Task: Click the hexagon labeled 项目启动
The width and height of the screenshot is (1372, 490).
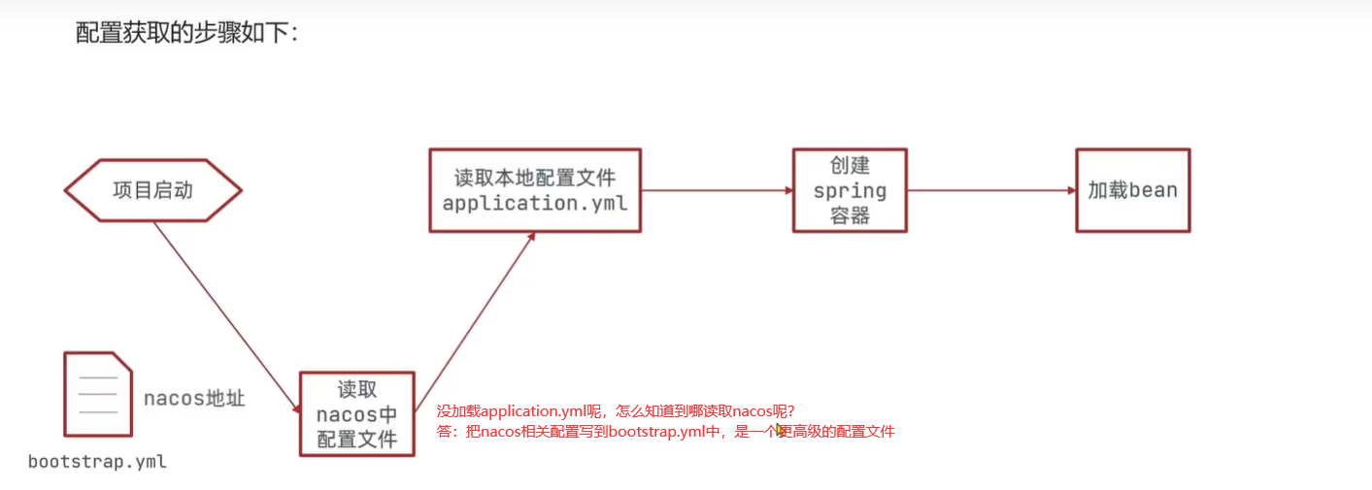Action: (152, 190)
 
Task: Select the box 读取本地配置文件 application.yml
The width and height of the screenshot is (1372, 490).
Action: (535, 190)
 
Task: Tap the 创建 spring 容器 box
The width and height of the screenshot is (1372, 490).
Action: (850, 190)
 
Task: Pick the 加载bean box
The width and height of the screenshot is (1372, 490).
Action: (1132, 190)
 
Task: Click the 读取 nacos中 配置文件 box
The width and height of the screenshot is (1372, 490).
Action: (356, 414)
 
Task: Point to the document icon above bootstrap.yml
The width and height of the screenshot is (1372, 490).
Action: (97, 394)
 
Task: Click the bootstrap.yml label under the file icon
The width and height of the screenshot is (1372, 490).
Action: (97, 462)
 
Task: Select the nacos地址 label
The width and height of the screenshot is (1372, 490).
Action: (194, 398)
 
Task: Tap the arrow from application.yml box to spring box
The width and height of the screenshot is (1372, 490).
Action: (717, 190)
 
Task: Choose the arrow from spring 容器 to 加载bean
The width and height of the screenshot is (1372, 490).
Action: (990, 190)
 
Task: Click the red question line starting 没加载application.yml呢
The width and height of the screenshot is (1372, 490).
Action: (616, 411)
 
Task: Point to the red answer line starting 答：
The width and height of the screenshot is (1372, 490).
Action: (665, 432)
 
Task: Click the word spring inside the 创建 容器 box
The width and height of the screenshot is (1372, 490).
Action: (850, 191)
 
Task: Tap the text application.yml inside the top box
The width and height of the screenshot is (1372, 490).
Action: (535, 204)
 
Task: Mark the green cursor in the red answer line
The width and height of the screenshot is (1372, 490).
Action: (780, 430)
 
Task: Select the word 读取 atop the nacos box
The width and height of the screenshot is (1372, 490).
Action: (356, 390)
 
